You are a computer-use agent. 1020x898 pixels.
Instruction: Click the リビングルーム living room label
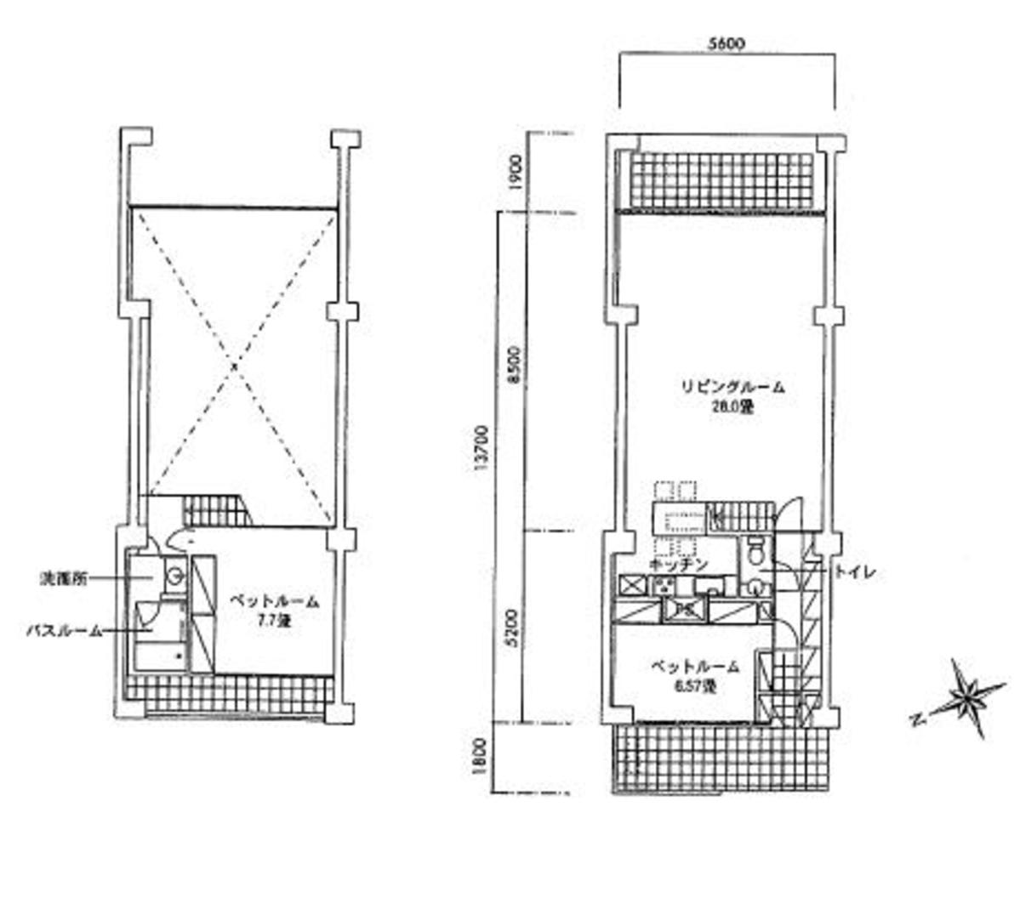732,387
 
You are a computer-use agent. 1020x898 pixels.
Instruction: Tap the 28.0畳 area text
732,407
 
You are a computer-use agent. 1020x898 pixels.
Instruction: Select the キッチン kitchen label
678,565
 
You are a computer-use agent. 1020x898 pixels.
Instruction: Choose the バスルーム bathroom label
65,631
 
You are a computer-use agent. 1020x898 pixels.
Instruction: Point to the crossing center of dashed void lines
234,366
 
